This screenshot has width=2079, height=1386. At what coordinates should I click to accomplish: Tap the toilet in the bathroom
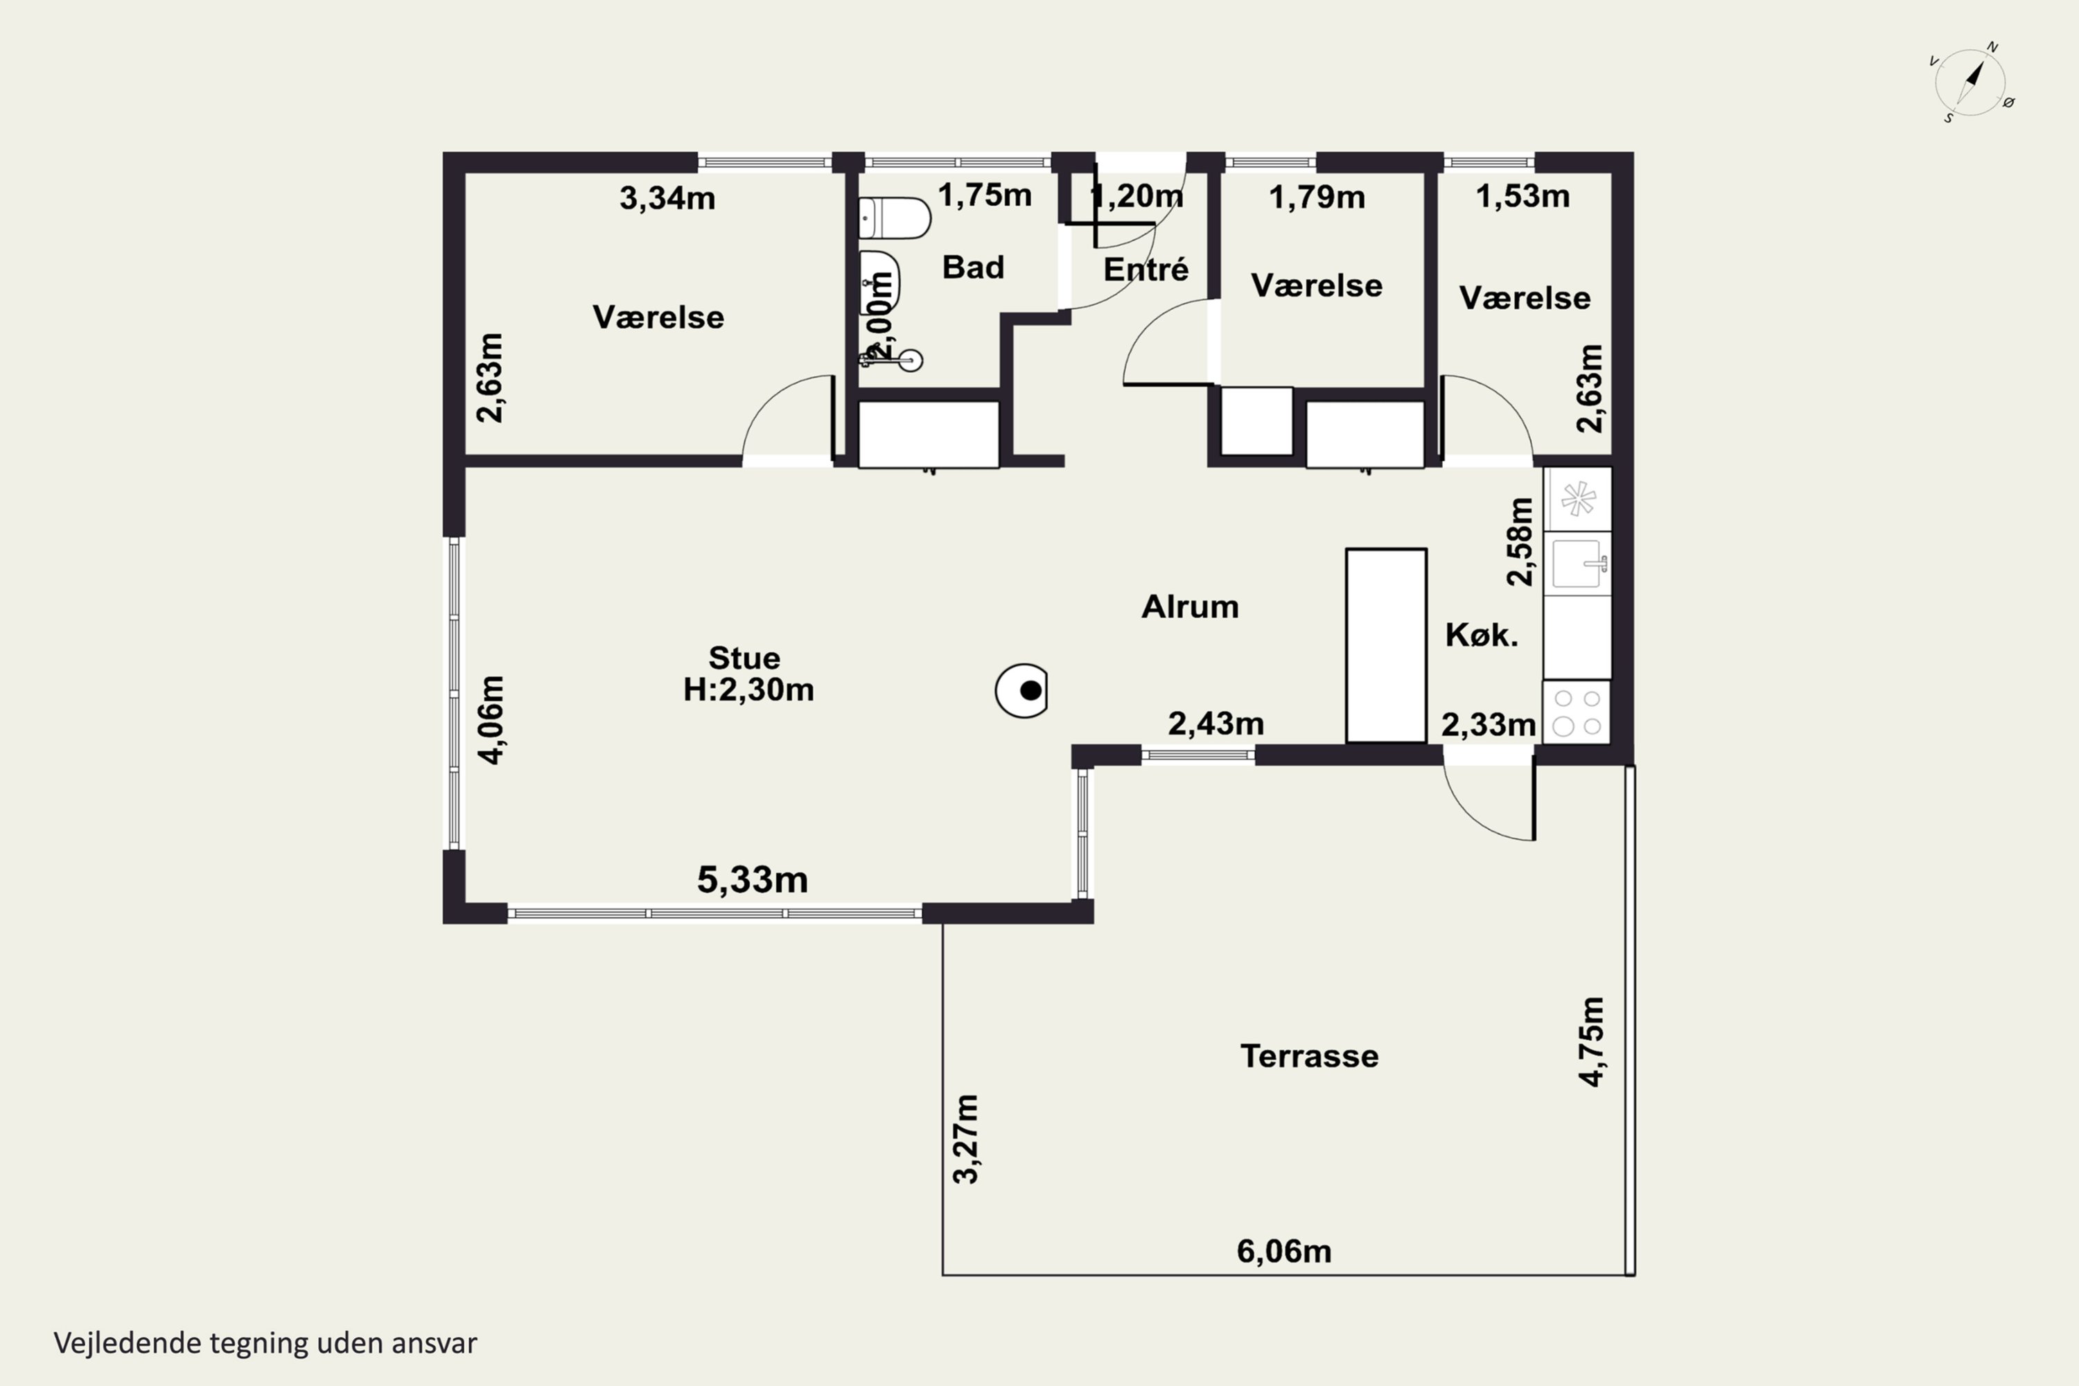click(895, 218)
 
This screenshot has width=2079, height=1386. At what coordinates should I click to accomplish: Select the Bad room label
click(973, 267)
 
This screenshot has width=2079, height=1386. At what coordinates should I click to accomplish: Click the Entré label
click(1146, 269)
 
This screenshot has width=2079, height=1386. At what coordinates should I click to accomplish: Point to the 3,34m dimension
click(667, 198)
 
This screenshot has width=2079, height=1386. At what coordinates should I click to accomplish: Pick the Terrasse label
click(1309, 1055)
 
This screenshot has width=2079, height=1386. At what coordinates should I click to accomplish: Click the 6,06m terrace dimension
click(1283, 1251)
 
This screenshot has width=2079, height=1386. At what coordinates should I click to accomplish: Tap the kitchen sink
click(1578, 563)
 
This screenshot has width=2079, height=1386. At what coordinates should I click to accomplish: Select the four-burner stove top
click(1577, 712)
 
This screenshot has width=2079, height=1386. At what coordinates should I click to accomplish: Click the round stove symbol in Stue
click(1021, 690)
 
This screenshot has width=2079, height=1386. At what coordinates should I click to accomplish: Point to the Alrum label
click(1190, 606)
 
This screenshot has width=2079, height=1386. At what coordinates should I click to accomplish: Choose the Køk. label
click(1482, 635)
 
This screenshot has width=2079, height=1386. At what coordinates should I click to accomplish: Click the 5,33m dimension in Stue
click(752, 879)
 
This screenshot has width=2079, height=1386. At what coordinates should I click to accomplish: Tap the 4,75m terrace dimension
click(1591, 1042)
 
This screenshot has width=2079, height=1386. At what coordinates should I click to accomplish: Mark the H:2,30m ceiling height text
click(748, 690)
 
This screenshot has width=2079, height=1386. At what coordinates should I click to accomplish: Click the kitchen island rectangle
click(1386, 646)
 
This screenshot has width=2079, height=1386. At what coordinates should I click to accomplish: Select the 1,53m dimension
click(1522, 196)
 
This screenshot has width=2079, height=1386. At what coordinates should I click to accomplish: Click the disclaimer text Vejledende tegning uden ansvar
click(265, 1343)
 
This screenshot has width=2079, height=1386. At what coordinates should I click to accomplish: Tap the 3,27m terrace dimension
click(966, 1139)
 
